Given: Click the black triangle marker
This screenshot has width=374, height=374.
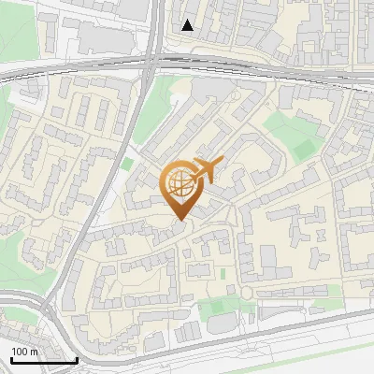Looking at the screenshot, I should (x=188, y=25).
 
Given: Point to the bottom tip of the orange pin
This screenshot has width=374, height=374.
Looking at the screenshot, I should (x=179, y=221).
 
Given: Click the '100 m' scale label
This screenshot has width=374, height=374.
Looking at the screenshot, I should (x=24, y=352).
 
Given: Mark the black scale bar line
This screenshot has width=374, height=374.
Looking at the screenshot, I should (x=43, y=360).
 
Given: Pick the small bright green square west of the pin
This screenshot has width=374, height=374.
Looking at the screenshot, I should (x=126, y=165).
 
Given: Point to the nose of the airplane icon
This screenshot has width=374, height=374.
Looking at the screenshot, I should (x=222, y=164).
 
